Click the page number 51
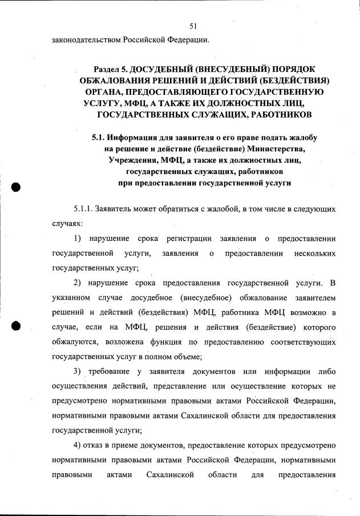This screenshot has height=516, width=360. click(193, 26)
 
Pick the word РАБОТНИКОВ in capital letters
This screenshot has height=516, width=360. click(280, 115)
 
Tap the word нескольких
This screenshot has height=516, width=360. click(313, 252)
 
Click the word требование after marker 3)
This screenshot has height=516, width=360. click(107, 372)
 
